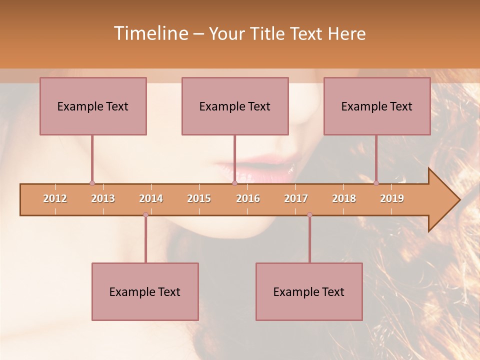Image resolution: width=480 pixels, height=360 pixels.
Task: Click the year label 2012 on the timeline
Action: pyautogui.click(x=55, y=198)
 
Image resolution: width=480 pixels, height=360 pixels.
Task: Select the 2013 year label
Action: pyautogui.click(x=103, y=198)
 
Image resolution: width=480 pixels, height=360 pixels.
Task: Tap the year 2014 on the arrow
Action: pyautogui.click(x=151, y=198)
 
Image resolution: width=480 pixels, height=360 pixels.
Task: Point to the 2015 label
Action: pyautogui.click(x=199, y=198)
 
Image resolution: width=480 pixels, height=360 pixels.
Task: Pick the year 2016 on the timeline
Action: pyautogui.click(x=248, y=198)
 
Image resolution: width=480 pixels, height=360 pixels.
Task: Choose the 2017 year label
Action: pyautogui.click(x=296, y=198)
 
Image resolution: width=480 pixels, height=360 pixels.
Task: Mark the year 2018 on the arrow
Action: pyautogui.click(x=344, y=198)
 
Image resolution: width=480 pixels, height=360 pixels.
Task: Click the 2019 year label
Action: pyautogui.click(x=392, y=198)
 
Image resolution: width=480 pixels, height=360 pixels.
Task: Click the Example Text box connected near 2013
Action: pyautogui.click(x=93, y=106)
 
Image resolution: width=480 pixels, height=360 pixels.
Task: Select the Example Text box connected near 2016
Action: pyautogui.click(x=235, y=106)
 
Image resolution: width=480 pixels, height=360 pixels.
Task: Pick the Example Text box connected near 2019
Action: pyautogui.click(x=377, y=106)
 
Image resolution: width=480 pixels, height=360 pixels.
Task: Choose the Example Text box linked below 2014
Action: pyautogui.click(x=145, y=291)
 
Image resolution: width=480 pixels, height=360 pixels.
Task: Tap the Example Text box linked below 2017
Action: pyautogui.click(x=309, y=291)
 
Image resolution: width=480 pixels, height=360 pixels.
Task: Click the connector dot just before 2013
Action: pyautogui.click(x=92, y=183)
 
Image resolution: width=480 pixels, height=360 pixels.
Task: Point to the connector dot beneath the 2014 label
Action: pyautogui.click(x=145, y=215)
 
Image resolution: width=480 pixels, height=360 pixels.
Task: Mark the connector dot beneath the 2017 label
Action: pyautogui.click(x=309, y=215)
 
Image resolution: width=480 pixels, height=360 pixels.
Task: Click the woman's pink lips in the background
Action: pyautogui.click(x=265, y=172)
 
